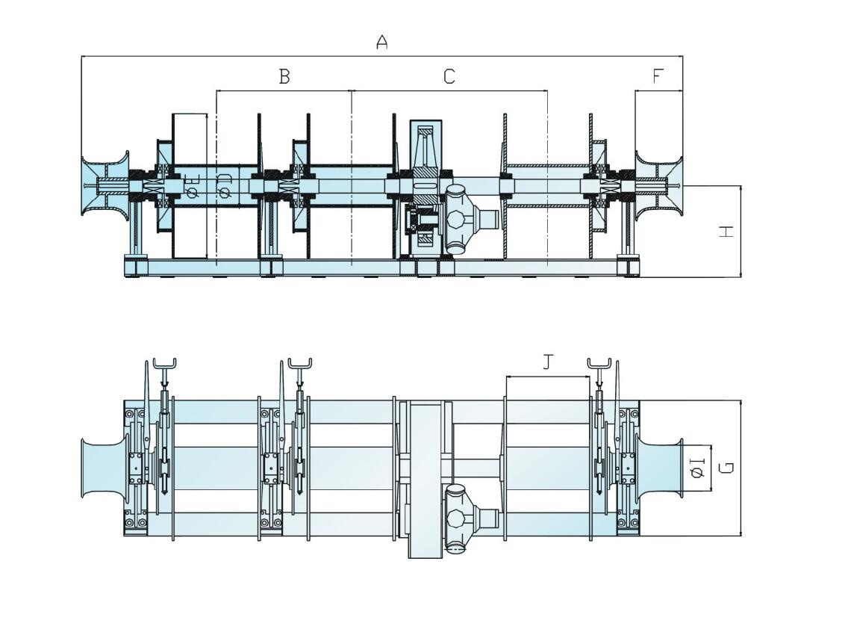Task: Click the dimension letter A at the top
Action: (x=381, y=43)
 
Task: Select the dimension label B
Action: (x=284, y=76)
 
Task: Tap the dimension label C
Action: (x=449, y=76)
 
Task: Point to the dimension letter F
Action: (x=658, y=76)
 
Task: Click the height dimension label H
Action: (x=726, y=232)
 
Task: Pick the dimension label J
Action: (x=548, y=362)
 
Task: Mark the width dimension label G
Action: (x=726, y=468)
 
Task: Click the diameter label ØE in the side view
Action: (x=193, y=188)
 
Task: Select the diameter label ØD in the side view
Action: (x=225, y=188)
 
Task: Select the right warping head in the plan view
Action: (x=660, y=469)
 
